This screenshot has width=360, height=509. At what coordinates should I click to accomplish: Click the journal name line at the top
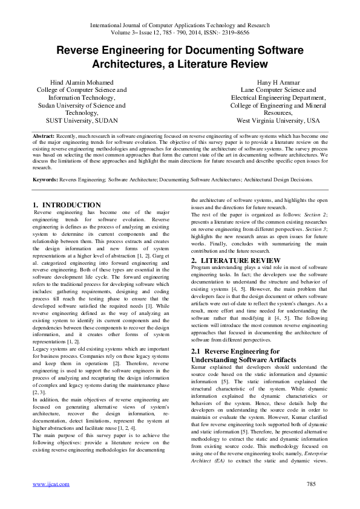pos(180,25)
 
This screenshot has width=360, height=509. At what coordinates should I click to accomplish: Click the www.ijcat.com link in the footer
pos(51,484)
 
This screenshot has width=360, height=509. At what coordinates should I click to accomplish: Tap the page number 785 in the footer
pos(312,484)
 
